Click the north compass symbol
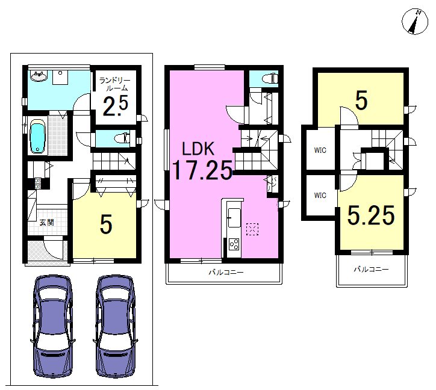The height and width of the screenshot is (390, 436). (x=414, y=22)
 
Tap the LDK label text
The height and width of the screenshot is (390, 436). (x=198, y=149)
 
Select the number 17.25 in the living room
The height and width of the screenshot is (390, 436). (x=202, y=170)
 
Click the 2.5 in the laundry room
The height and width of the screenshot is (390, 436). (x=116, y=105)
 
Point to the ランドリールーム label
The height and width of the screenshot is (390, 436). (x=115, y=84)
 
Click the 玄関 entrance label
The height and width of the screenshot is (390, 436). (x=46, y=222)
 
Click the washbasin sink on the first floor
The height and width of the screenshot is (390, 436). (x=39, y=76)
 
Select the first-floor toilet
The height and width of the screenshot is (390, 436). (x=122, y=138)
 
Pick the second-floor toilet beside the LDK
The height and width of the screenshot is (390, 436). (x=270, y=78)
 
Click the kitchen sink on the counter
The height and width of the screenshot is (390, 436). (x=234, y=217)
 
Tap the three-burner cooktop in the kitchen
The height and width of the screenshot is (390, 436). (x=234, y=244)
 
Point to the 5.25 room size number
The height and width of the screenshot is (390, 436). (x=371, y=215)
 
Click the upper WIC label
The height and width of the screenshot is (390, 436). (x=320, y=150)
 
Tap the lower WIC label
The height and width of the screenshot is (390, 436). (x=320, y=196)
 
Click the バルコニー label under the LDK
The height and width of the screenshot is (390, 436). (x=226, y=272)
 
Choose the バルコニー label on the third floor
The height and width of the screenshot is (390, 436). (x=371, y=269)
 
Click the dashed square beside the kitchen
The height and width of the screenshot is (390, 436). (x=252, y=229)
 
